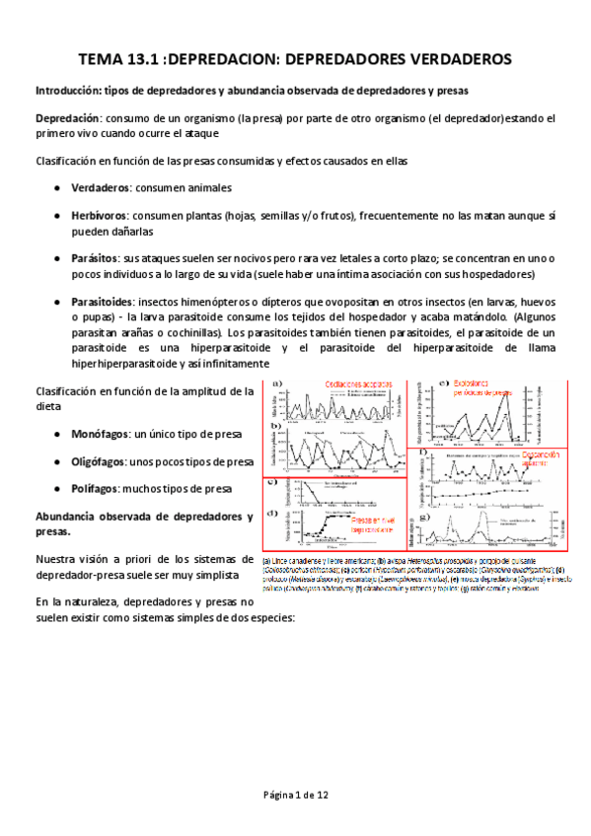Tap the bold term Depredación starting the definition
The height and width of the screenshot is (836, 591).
click(69, 118)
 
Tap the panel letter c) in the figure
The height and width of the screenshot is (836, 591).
click(277, 482)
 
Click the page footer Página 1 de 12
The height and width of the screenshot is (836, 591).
click(295, 795)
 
